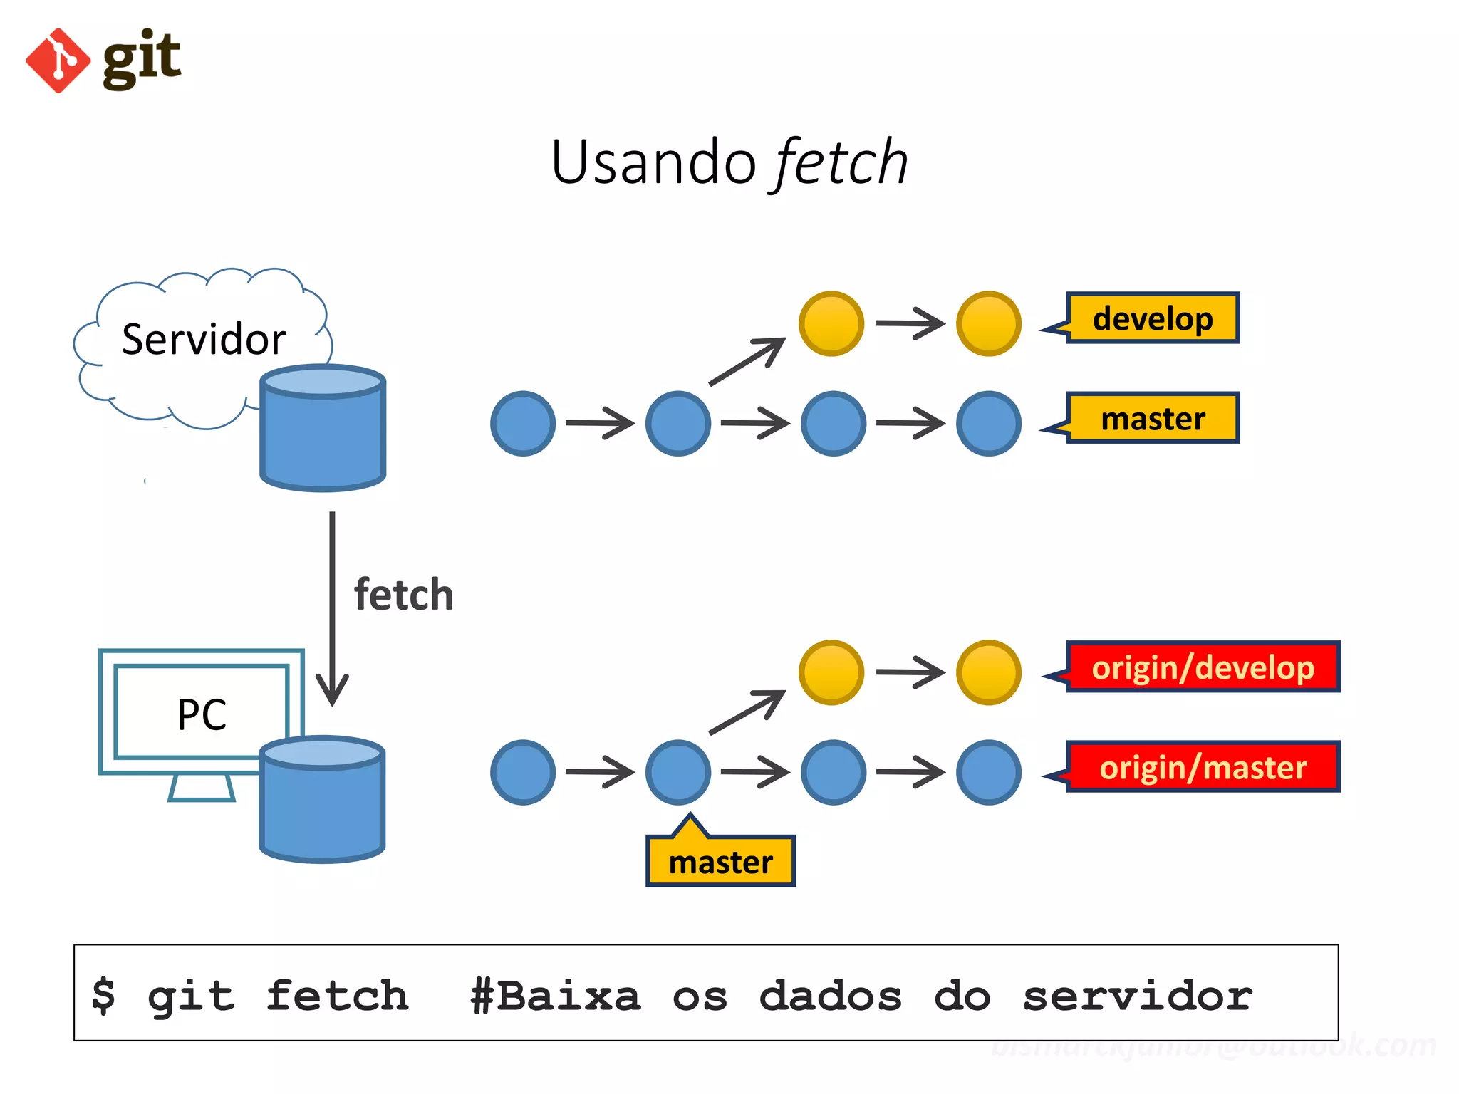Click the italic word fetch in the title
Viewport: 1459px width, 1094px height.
pos(841,162)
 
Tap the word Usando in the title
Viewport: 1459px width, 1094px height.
pos(653,162)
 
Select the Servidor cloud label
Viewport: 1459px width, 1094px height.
pos(204,339)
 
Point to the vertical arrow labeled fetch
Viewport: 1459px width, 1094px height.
pos(332,605)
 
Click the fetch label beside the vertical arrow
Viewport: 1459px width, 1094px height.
pos(403,595)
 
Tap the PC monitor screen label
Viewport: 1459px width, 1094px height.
pos(202,714)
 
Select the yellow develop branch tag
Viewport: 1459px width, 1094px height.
pos(1152,318)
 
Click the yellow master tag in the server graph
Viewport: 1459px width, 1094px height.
pos(1152,418)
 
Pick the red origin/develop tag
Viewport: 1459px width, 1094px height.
pos(1203,667)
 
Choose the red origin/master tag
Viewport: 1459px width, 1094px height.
pos(1203,767)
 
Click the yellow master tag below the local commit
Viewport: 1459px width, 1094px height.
pos(720,862)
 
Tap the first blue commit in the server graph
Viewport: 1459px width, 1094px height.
pos(523,423)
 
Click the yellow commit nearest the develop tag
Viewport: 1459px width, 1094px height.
pos(988,323)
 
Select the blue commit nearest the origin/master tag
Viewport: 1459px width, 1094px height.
pos(988,772)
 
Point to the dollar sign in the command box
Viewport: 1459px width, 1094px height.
pos(104,994)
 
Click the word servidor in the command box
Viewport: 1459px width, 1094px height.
pos(1137,995)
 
